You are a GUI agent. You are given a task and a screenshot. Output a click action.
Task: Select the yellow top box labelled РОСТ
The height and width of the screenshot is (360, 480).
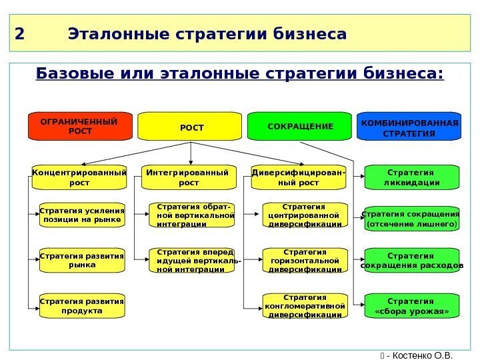(190, 126)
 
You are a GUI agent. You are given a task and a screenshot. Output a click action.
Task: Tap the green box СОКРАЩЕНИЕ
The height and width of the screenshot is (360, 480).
(299, 126)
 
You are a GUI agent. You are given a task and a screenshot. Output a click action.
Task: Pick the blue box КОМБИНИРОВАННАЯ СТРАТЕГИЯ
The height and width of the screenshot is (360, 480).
(409, 127)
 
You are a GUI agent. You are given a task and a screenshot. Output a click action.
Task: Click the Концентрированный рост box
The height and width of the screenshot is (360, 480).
(79, 177)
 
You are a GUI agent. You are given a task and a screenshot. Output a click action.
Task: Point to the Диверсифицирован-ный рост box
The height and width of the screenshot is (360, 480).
(299, 177)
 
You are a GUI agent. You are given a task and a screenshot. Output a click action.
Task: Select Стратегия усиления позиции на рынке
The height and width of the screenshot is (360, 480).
(82, 215)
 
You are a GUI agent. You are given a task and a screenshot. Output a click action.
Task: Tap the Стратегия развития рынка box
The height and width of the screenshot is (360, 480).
(82, 260)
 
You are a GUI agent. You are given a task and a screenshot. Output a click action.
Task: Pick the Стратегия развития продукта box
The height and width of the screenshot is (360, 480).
(82, 305)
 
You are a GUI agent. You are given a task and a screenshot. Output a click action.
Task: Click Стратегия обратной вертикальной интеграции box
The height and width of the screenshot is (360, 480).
(193, 215)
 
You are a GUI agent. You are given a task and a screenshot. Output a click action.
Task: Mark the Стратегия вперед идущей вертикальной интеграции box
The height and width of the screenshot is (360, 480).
(193, 260)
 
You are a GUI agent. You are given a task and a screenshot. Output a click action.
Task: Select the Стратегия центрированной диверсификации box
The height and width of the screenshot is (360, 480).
(305, 215)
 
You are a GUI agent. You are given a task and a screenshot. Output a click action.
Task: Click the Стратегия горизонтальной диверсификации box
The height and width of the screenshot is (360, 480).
(305, 261)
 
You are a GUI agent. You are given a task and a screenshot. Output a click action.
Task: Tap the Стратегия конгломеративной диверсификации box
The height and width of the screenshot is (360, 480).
(305, 305)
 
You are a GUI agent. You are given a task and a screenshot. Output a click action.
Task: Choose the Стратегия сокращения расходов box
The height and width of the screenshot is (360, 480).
(412, 260)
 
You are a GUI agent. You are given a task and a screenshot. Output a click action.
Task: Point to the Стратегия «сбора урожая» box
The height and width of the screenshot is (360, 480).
(412, 305)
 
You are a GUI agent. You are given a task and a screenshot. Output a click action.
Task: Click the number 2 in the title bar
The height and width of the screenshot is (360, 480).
(19, 33)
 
